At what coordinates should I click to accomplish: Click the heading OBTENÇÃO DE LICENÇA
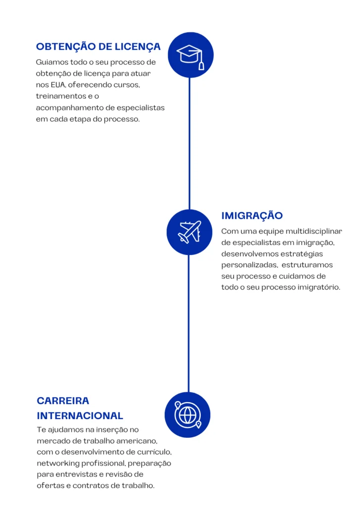coord(98,46)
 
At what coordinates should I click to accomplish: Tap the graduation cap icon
coord(190,55)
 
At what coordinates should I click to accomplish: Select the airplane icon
coord(189,232)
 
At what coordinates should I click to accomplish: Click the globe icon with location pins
coord(187,415)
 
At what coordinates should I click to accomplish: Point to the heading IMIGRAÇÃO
coord(252,215)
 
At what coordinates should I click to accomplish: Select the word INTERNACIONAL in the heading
coord(80,416)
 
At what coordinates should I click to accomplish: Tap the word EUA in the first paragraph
coord(58,84)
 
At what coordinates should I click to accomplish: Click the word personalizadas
coord(249,265)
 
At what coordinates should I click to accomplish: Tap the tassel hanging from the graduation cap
coord(201,65)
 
